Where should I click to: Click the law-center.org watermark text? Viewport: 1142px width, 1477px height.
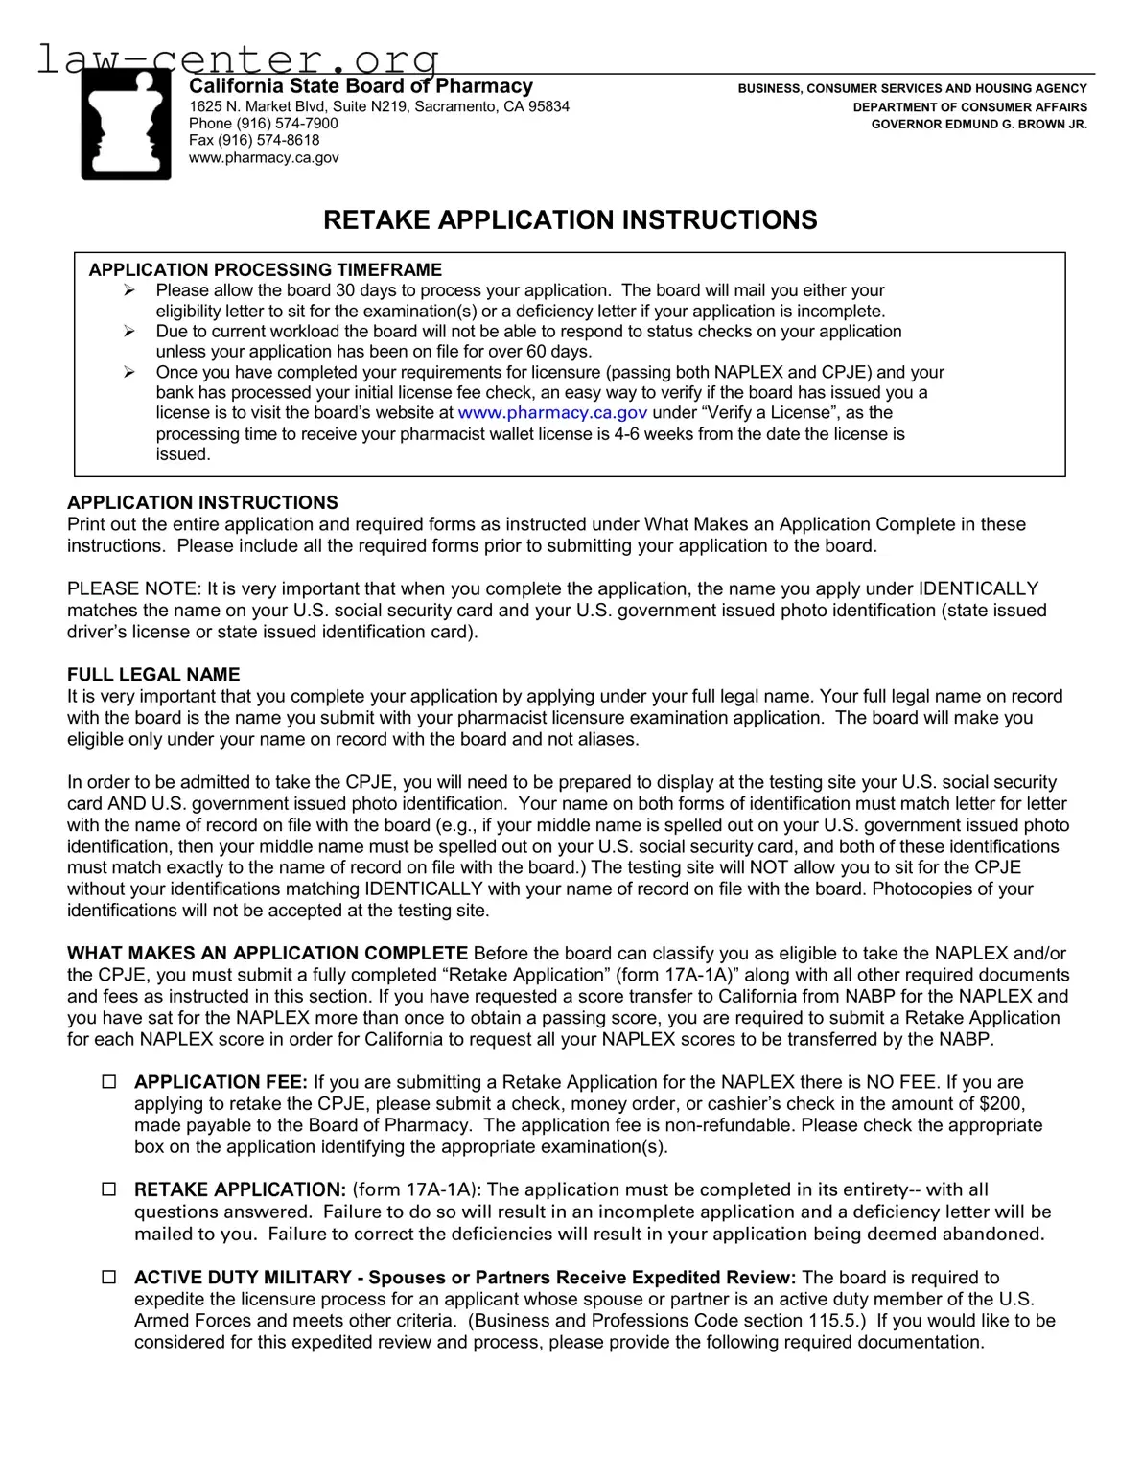[238, 59]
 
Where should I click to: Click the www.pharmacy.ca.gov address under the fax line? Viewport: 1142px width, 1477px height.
[264, 157]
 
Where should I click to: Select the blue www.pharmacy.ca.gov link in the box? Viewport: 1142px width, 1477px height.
[552, 413]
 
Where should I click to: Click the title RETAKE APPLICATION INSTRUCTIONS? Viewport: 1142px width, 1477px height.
[571, 220]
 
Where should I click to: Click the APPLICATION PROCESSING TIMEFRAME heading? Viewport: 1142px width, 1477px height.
[266, 270]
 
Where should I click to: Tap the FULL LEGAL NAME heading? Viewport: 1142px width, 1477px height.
[153, 675]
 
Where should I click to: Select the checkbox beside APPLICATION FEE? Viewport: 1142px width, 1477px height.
[109, 1082]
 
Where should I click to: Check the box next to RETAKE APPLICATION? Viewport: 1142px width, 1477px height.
[109, 1189]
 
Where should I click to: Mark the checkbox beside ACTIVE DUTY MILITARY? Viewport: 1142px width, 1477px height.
[109, 1278]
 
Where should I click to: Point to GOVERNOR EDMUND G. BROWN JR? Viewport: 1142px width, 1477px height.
[979, 125]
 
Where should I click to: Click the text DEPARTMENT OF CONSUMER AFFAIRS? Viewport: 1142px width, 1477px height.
[970, 107]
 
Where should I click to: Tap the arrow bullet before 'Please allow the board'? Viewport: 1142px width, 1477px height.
[129, 290]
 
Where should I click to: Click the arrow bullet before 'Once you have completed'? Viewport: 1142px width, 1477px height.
[129, 372]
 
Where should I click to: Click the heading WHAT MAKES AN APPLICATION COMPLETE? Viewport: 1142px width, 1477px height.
[268, 954]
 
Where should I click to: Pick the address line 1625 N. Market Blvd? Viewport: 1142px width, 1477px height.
[379, 106]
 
